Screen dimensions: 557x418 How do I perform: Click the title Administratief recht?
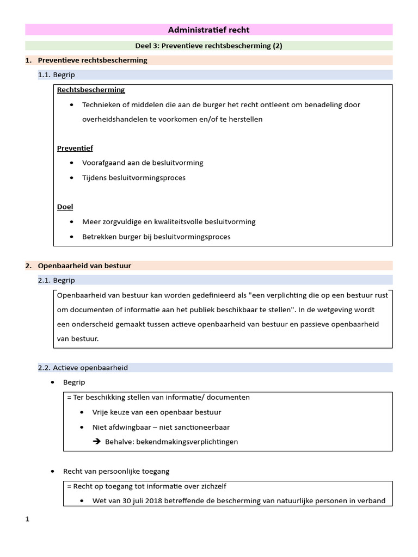(209, 30)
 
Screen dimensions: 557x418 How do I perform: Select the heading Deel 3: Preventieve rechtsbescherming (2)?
(209, 46)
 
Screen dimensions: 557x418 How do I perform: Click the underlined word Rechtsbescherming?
(91, 90)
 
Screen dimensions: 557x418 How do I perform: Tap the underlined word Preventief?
(75, 148)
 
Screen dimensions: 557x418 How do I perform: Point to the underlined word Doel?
(65, 207)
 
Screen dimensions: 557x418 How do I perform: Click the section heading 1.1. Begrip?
(57, 75)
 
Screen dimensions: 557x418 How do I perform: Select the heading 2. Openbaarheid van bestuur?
(84, 266)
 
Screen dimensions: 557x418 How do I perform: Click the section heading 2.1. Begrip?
(57, 280)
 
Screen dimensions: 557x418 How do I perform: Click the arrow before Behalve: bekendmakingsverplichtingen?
(97, 442)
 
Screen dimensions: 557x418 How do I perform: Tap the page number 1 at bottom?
(27, 519)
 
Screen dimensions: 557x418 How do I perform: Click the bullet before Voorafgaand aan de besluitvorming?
(72, 163)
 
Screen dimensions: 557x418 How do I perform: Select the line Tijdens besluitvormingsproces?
(133, 178)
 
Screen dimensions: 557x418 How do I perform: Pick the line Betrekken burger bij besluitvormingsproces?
(156, 237)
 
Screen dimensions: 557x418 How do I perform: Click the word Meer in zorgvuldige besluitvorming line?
(90, 222)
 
